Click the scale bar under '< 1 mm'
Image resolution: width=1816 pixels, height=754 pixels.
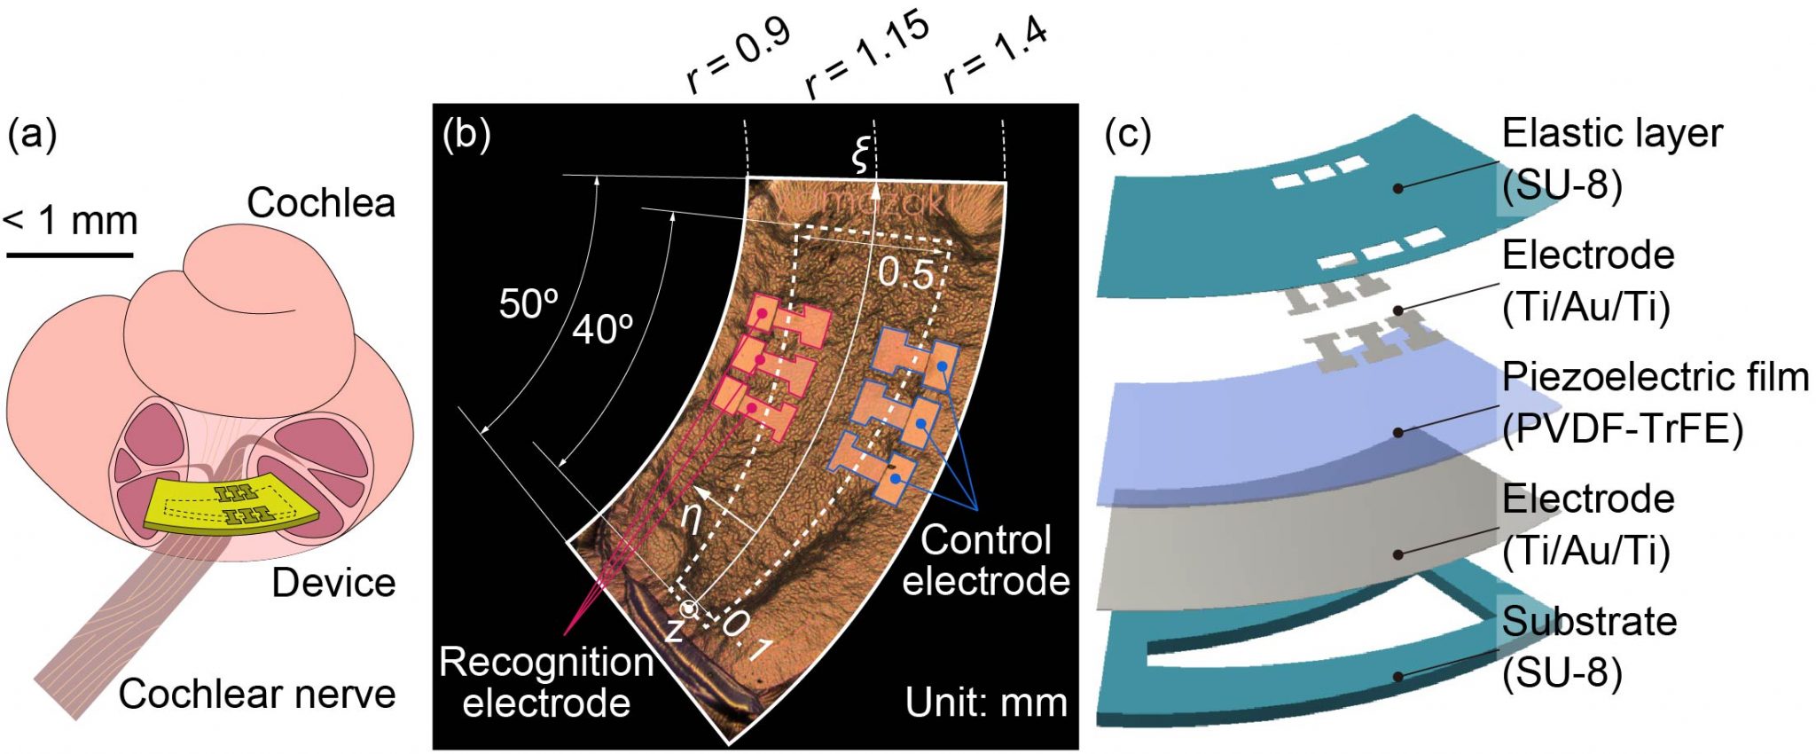70,255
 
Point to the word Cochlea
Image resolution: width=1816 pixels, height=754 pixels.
321,203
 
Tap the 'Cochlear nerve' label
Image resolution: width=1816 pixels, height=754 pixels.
257,694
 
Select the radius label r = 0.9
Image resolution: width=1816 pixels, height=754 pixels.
737,55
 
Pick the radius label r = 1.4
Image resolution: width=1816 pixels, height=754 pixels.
995,55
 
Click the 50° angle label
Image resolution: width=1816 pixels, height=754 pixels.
528,304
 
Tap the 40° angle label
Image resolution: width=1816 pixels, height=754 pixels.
602,330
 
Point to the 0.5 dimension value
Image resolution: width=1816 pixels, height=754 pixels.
905,274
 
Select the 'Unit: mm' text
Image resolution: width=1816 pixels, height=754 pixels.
986,703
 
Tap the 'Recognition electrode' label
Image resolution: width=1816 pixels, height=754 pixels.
546,682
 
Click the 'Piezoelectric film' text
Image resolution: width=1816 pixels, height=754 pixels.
1655,378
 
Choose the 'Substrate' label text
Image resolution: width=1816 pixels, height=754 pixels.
1589,622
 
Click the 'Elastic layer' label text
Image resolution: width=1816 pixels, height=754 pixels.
1611,134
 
